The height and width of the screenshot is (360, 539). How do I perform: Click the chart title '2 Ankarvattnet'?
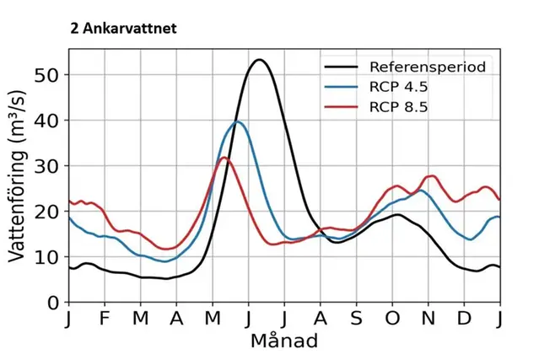pyautogui.click(x=123, y=28)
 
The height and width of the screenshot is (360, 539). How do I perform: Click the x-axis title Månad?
pyautogui.click(x=284, y=341)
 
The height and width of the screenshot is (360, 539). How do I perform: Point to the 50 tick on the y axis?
pyautogui.click(x=46, y=74)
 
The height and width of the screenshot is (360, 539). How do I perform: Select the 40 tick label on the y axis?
pyautogui.click(x=46, y=120)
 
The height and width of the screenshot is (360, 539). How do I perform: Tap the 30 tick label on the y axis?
pyautogui.click(x=46, y=165)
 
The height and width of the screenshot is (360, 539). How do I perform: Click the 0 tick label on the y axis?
pyautogui.click(x=52, y=302)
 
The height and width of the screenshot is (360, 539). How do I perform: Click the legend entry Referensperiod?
pyautogui.click(x=427, y=67)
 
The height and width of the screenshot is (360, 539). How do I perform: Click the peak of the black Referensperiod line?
pyautogui.click(x=259, y=60)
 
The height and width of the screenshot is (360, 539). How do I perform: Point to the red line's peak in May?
pyautogui.click(x=224, y=158)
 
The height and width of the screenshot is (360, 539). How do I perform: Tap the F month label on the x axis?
pyautogui.click(x=105, y=320)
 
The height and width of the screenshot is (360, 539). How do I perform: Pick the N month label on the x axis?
pyautogui.click(x=429, y=320)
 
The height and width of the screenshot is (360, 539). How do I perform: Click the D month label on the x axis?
pyautogui.click(x=464, y=320)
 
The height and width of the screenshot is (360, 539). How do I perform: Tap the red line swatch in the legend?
pyautogui.click(x=342, y=107)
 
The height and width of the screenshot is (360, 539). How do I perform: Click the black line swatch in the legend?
pyautogui.click(x=342, y=67)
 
